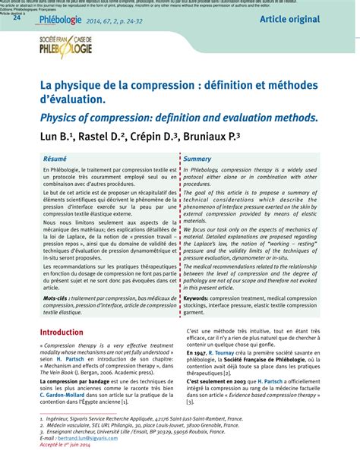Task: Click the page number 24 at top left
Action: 16,18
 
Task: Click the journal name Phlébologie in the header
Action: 62,20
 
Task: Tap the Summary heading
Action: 197,159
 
